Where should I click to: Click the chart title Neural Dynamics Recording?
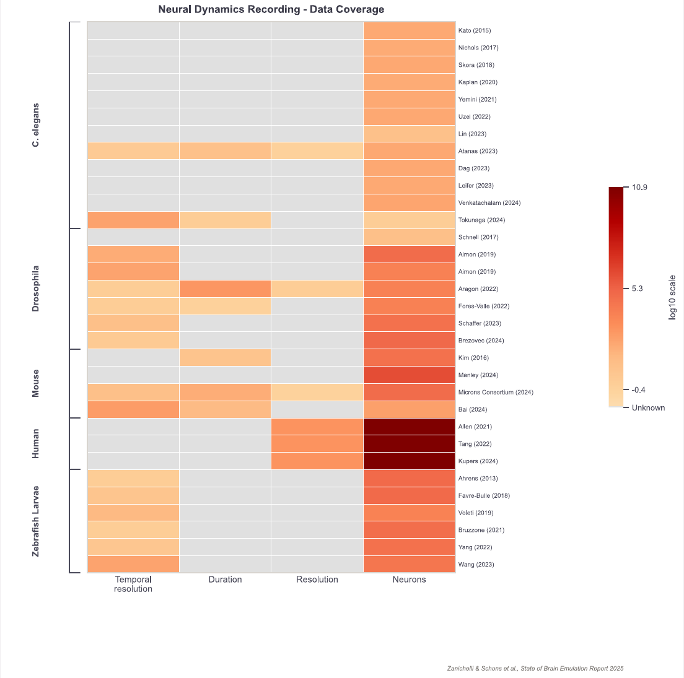tap(229, 9)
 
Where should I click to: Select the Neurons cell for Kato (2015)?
tap(409, 30)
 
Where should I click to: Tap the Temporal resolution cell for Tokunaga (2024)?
tap(133, 220)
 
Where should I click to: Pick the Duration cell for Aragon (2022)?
tap(225, 289)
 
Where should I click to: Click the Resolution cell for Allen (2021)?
tap(317, 427)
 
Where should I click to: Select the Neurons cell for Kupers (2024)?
tap(409, 461)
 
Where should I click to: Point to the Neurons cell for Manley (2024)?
tap(409, 375)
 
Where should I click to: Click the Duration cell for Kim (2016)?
tap(225, 358)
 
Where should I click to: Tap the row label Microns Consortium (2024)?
tap(496, 393)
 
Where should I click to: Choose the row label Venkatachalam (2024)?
tap(489, 202)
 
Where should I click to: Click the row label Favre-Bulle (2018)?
tap(484, 496)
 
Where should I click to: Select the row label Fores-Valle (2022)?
tap(484, 306)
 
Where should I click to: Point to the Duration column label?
tap(225, 580)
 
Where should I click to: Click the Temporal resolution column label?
tap(133, 585)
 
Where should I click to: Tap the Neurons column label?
tap(409, 580)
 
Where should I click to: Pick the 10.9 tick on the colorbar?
tap(639, 188)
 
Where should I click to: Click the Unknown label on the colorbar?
tap(648, 408)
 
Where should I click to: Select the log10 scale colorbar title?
tap(672, 297)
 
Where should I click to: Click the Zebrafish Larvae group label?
tap(35, 521)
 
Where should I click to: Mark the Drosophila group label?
tap(35, 289)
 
